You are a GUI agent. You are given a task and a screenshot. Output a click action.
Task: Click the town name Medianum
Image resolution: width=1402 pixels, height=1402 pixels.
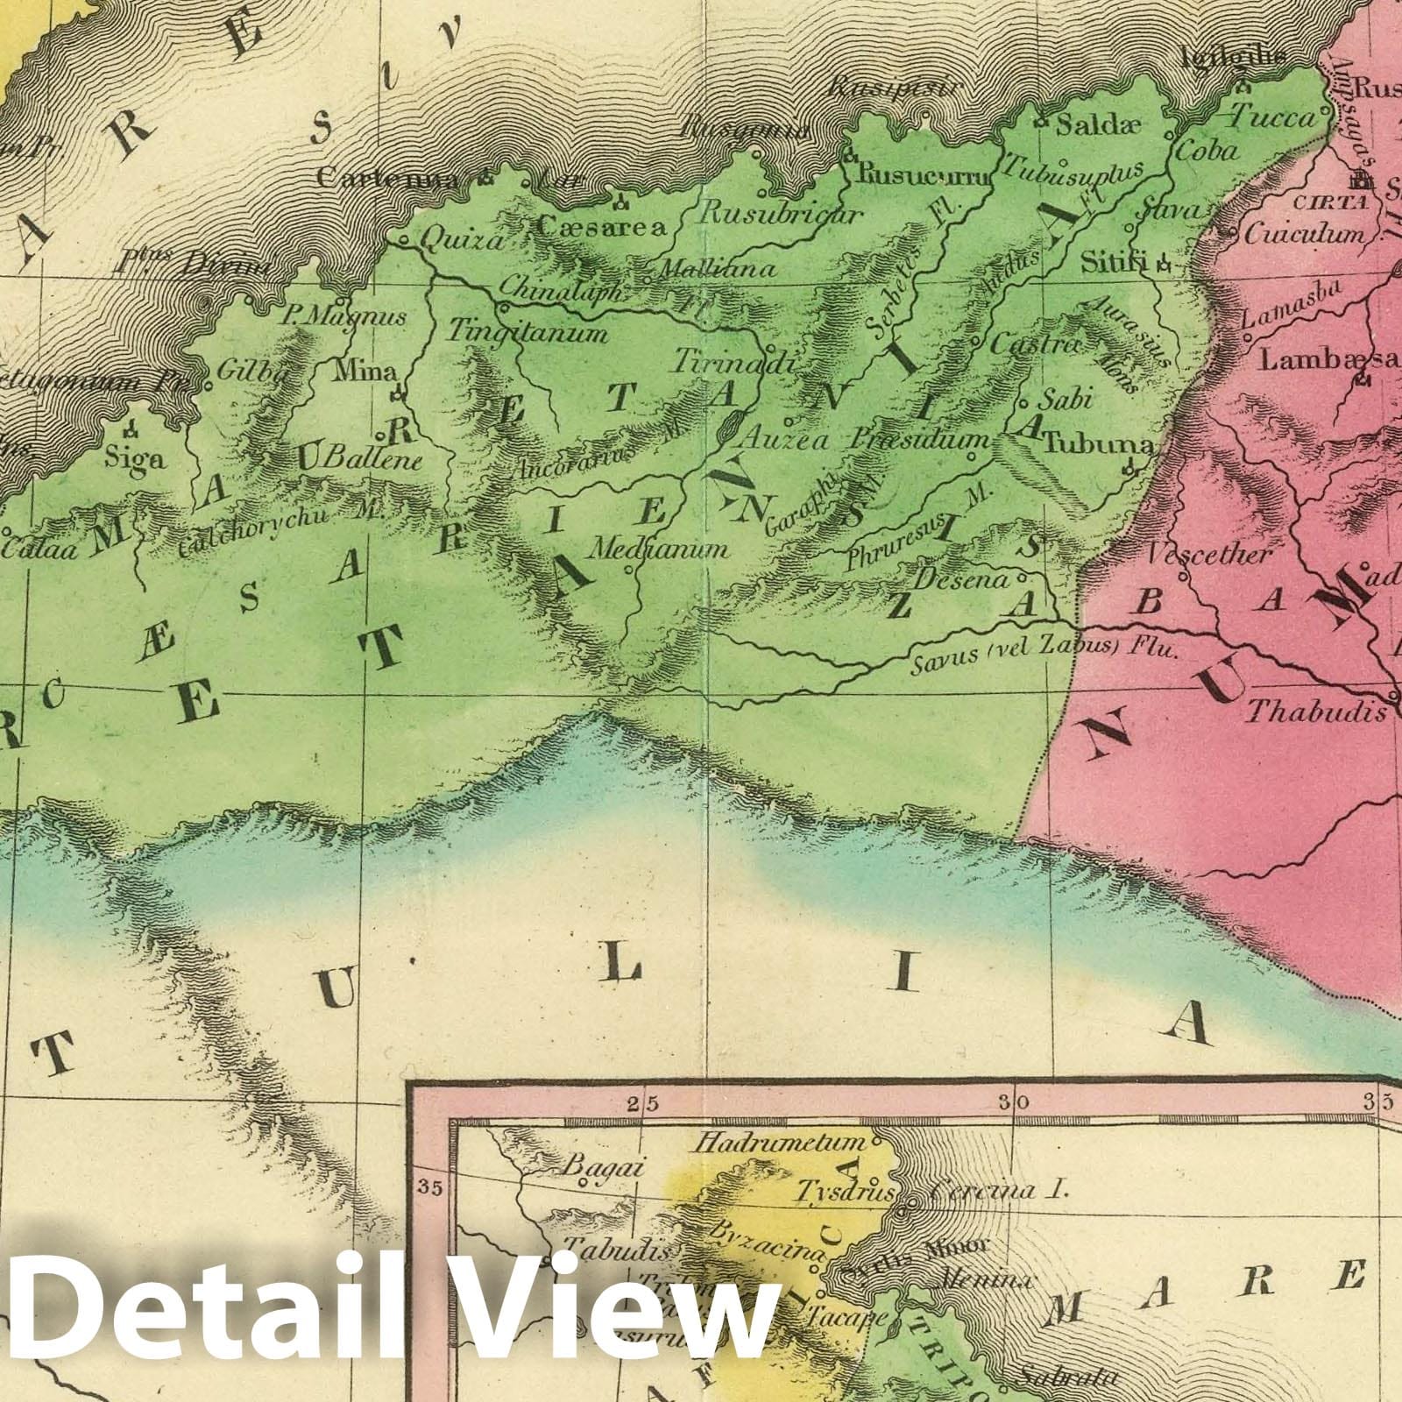coord(658,550)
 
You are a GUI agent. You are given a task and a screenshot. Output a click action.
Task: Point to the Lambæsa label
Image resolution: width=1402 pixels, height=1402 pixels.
coord(1322,360)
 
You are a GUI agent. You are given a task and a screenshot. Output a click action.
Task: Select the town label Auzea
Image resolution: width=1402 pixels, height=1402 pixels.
coord(784,441)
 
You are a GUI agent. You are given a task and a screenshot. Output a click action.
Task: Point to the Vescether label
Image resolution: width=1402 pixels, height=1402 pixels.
coord(1208,555)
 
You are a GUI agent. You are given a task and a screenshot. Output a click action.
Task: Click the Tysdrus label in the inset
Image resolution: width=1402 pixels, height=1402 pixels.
coord(844,1192)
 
